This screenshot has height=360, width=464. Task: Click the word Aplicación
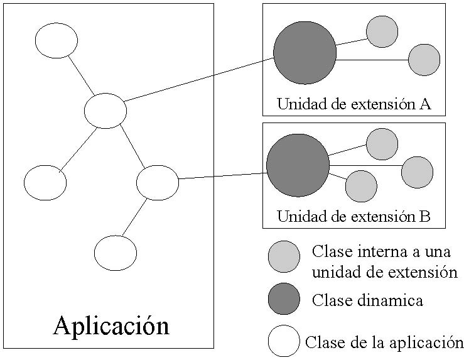(x=111, y=325)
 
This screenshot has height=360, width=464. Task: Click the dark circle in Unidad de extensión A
(x=305, y=53)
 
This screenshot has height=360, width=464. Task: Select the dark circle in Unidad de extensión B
(x=298, y=165)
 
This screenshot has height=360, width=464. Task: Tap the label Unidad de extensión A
(x=353, y=104)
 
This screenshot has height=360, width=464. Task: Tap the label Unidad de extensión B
(x=353, y=217)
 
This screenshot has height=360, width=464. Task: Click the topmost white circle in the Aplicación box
(x=57, y=41)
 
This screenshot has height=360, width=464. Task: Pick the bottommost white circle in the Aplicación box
(x=116, y=253)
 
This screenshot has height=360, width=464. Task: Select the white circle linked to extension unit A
(x=105, y=111)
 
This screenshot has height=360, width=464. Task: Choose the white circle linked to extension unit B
(x=158, y=182)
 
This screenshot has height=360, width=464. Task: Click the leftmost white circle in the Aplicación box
(x=45, y=183)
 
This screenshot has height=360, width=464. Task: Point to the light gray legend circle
(x=284, y=256)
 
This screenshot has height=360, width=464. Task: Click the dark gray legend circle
(x=284, y=298)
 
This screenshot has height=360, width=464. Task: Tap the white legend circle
(x=284, y=341)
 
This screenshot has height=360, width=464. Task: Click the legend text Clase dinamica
(x=367, y=300)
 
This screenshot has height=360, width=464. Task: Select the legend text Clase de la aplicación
(x=384, y=342)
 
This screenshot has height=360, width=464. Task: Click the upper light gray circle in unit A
(x=382, y=31)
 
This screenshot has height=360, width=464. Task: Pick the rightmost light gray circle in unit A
(x=424, y=60)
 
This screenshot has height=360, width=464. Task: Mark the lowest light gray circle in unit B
(x=361, y=186)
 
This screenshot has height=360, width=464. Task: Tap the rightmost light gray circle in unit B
(x=417, y=172)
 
